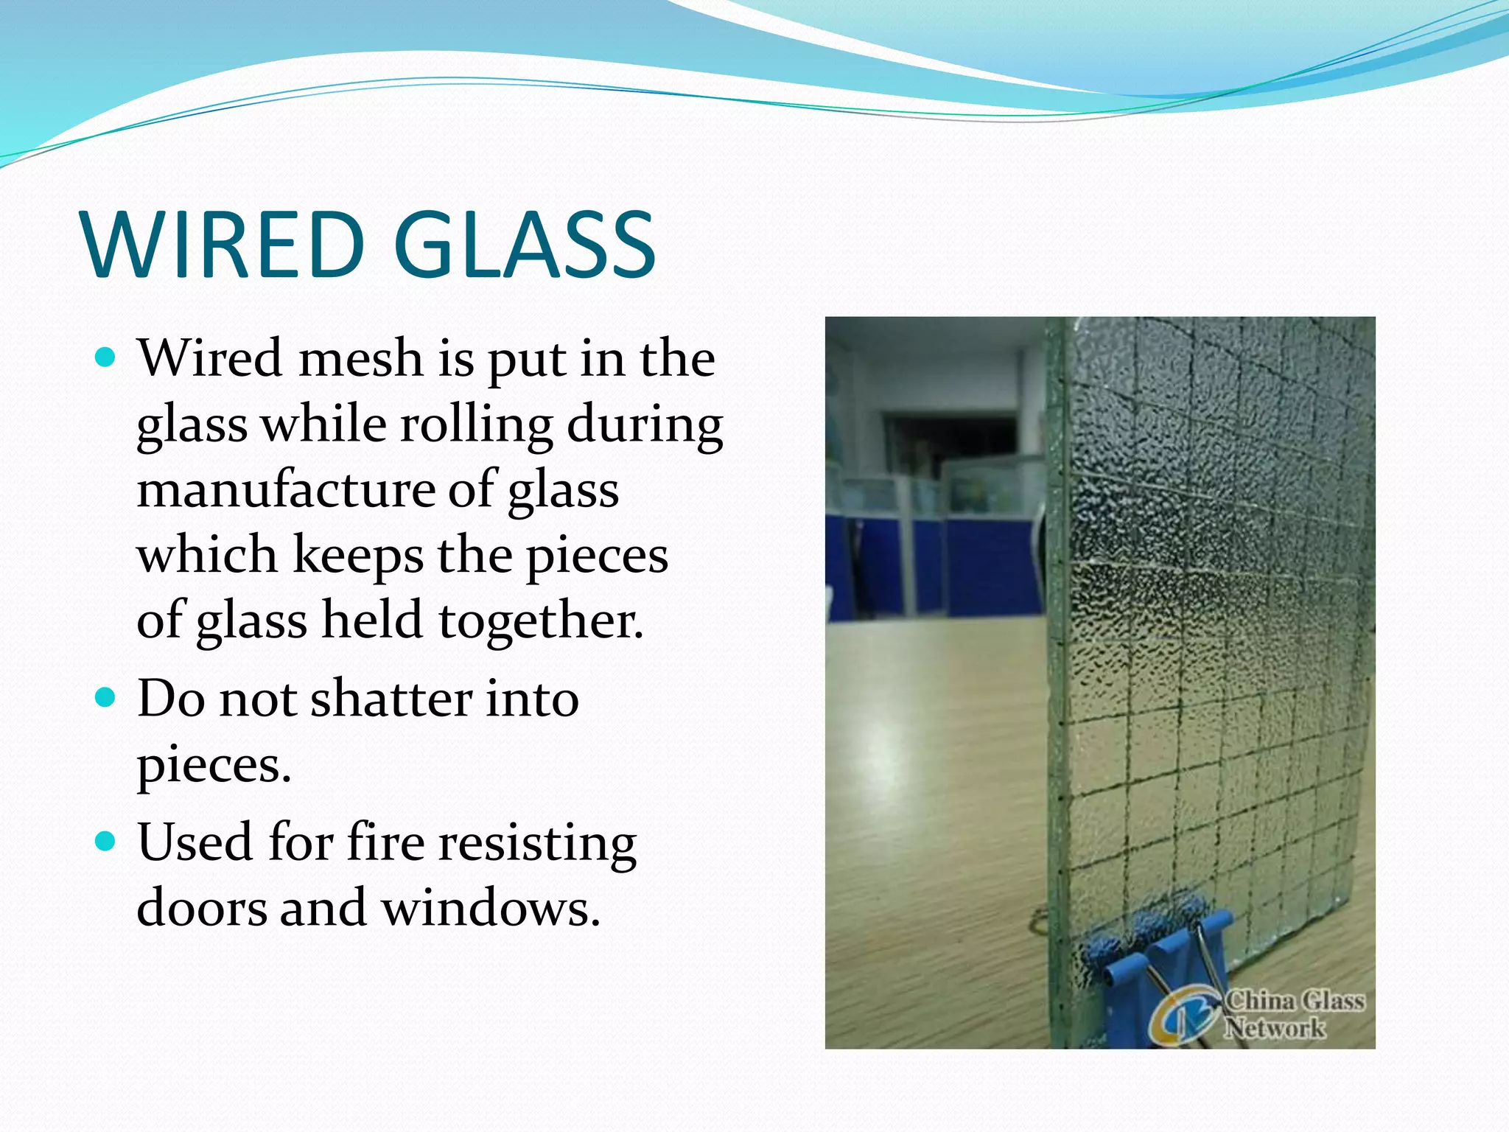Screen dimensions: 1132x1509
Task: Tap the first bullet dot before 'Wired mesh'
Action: tap(107, 358)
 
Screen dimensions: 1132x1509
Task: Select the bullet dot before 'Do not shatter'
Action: tap(107, 697)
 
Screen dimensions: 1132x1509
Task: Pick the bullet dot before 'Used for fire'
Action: tap(107, 841)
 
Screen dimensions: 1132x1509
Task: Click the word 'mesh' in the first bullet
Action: tap(360, 359)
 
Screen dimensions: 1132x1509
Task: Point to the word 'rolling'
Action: tap(476, 426)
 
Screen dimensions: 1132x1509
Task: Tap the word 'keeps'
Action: tap(358, 556)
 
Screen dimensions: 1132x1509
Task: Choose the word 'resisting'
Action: tap(538, 845)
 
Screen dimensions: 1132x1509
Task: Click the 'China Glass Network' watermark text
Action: tap(1293, 1014)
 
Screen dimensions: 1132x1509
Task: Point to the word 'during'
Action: tap(645, 426)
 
